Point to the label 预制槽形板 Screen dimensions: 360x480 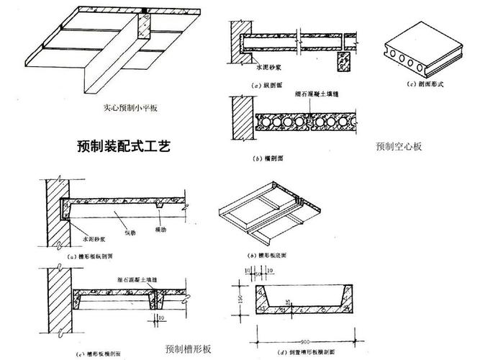(x=188, y=348)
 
